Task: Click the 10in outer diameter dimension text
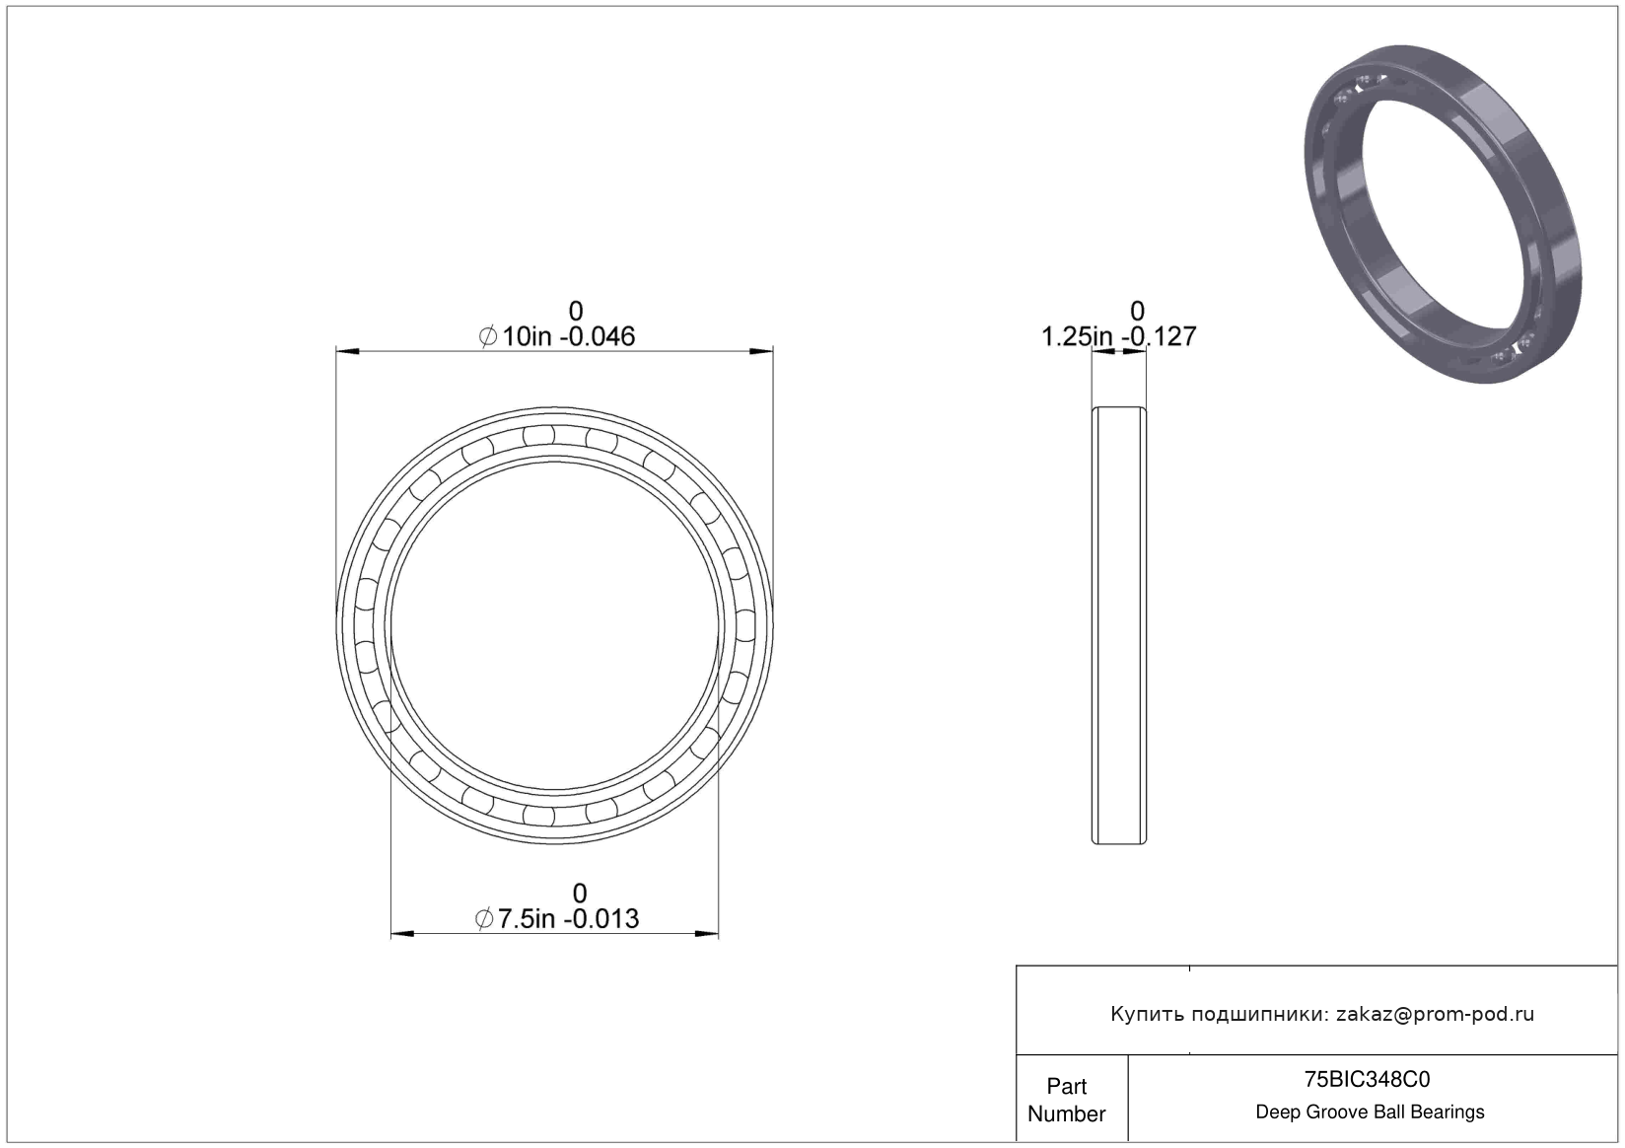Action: coord(527,336)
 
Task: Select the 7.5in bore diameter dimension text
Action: coord(526,918)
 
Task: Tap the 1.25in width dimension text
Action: coord(1077,336)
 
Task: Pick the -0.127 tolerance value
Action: coord(1160,336)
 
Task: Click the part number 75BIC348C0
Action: coord(1367,1080)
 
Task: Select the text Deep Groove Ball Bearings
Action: coord(1370,1112)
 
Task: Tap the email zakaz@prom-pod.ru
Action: coord(1435,1014)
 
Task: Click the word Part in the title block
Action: coord(1067,1086)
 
